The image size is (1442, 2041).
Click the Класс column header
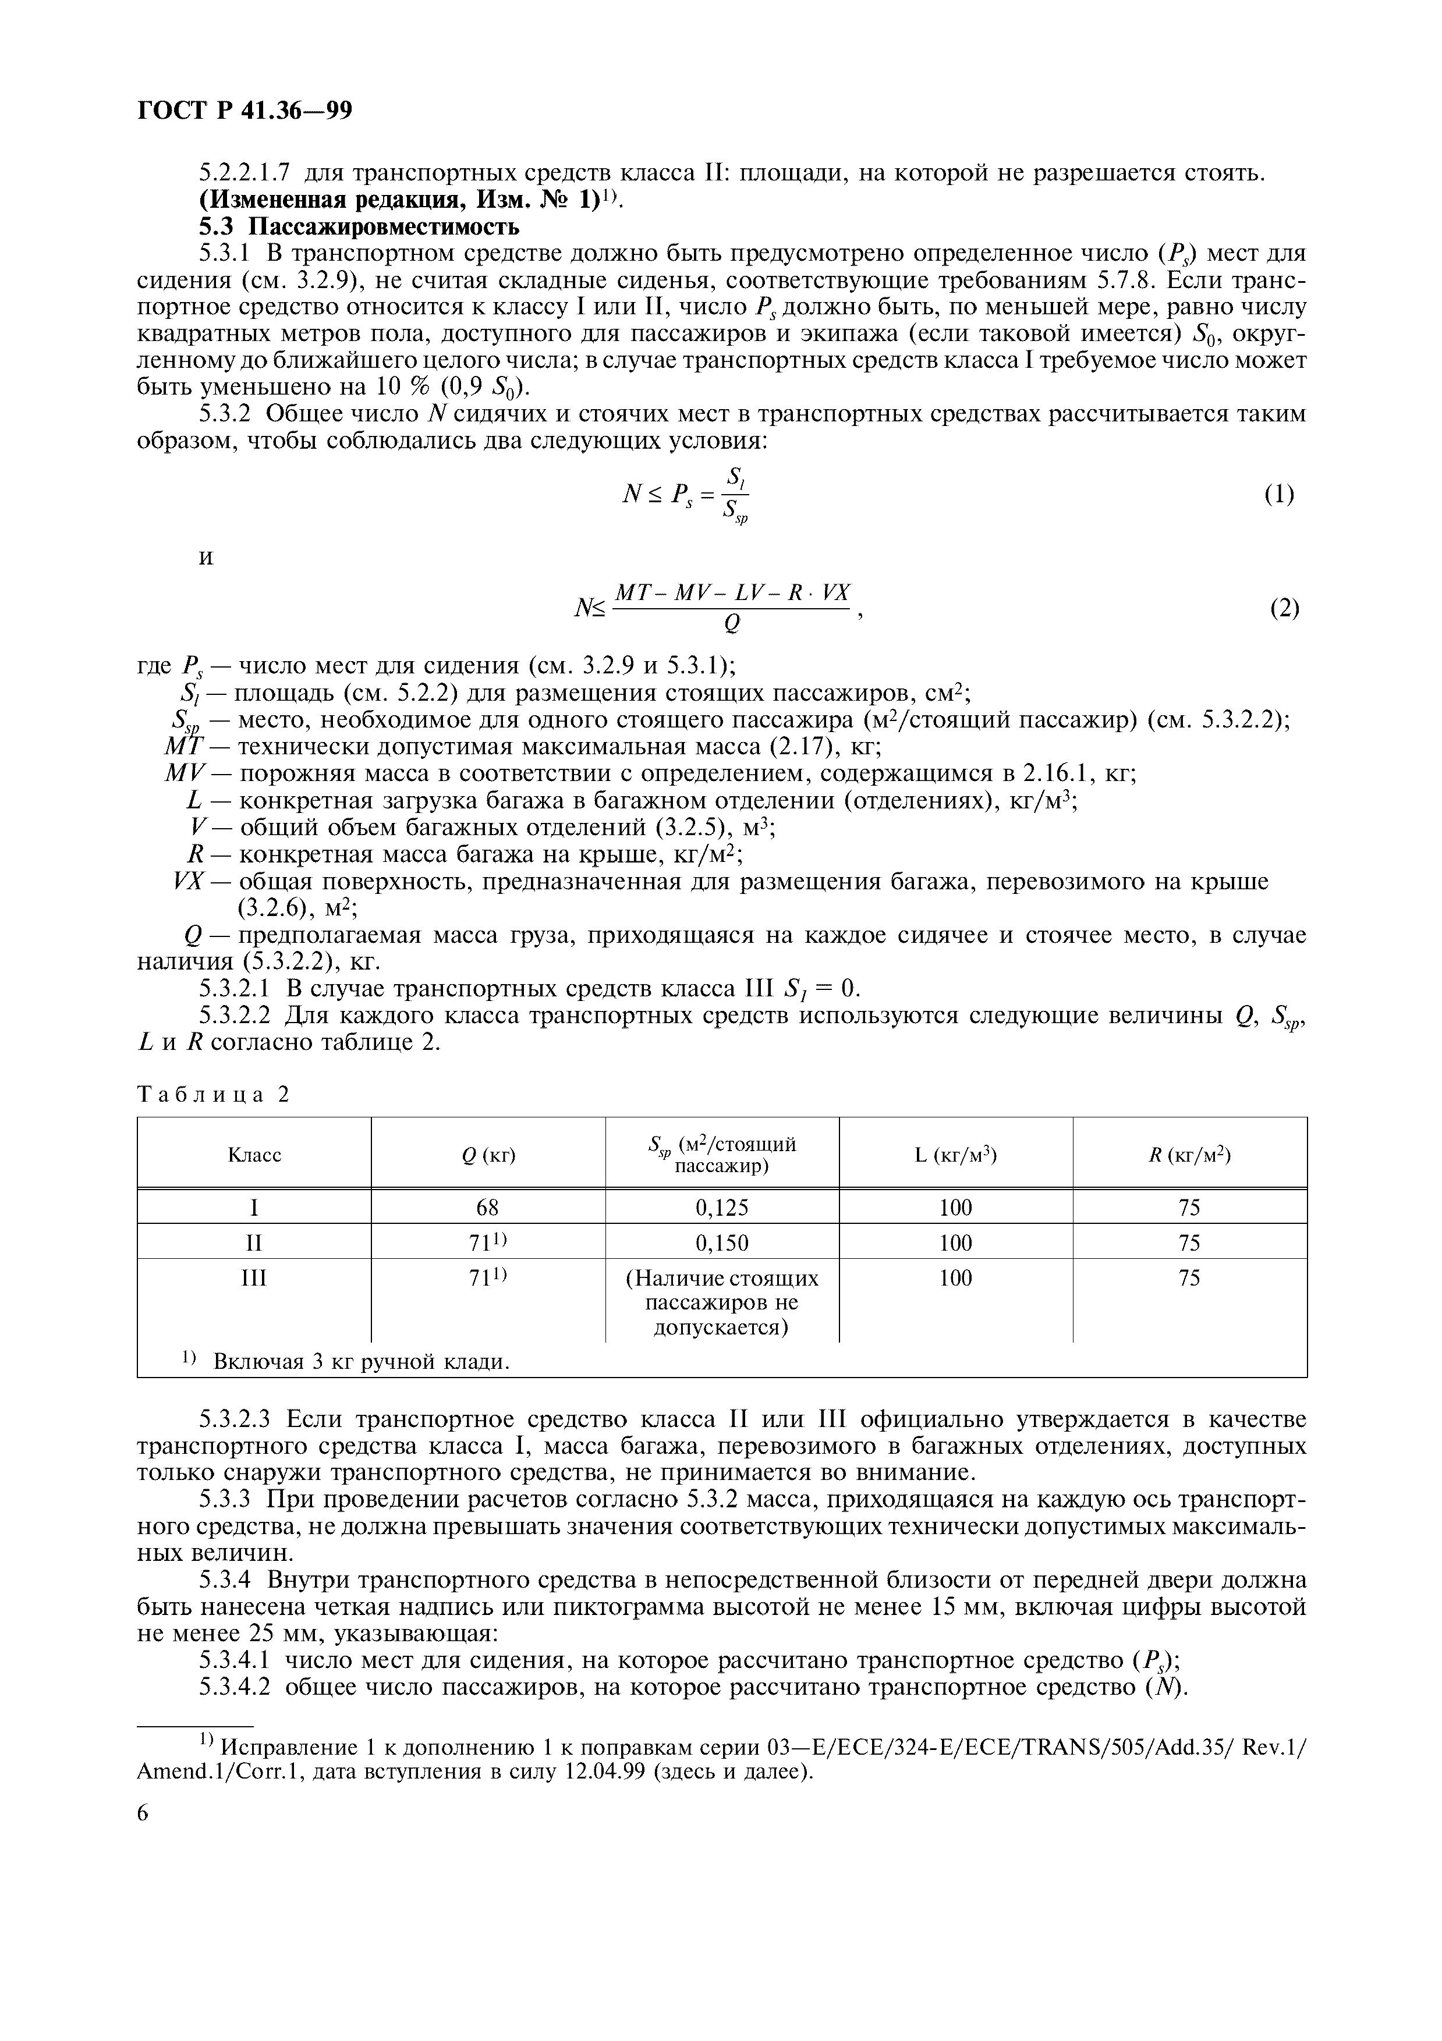coord(254,1155)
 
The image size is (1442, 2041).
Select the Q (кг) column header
coord(488,1155)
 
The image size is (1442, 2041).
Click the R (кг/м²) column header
coord(1189,1155)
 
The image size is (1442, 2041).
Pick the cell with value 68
coord(487,1207)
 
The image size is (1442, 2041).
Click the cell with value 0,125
coord(722,1207)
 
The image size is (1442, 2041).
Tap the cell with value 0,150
coord(722,1243)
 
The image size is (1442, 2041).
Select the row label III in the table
coord(254,1278)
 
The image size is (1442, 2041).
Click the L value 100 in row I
coord(956,1207)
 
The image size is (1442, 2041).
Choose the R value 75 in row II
coord(1189,1243)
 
